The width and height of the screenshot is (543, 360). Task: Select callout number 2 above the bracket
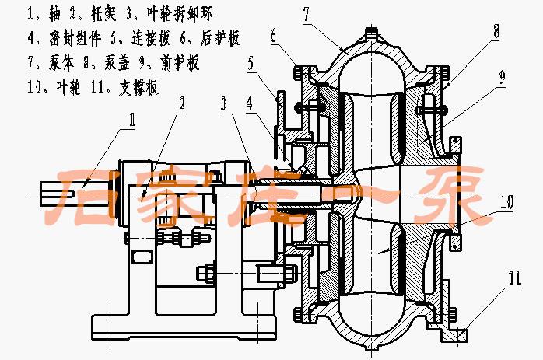[x=181, y=102]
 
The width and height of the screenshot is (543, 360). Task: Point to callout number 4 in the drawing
[x=248, y=102]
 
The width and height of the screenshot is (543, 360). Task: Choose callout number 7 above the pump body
[x=306, y=12]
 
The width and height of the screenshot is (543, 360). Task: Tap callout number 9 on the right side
[x=503, y=76]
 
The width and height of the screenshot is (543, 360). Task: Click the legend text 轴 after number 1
[x=52, y=14]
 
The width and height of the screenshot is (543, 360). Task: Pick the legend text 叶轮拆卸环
[x=180, y=14]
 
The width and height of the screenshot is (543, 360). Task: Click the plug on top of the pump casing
[x=370, y=33]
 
